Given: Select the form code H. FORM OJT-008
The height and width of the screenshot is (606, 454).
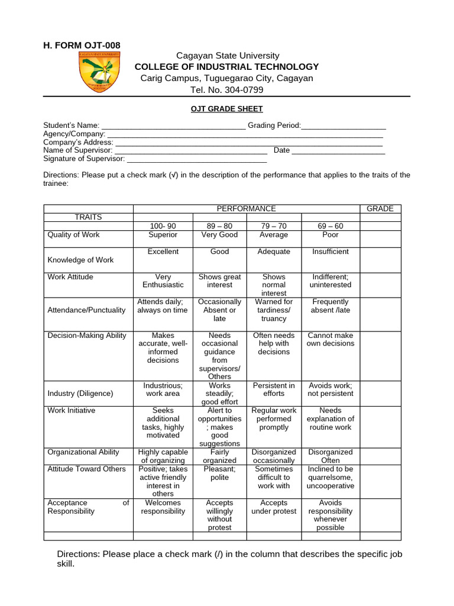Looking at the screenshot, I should point(82,46).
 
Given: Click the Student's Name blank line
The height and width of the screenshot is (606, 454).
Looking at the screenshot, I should point(174,127).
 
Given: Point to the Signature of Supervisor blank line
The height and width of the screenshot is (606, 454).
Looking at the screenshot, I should point(197,160).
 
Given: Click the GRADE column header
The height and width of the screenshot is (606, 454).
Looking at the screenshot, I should point(380,209).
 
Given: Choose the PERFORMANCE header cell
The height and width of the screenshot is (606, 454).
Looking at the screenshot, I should point(246,209).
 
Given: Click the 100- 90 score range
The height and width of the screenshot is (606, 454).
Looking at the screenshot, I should point(163,226).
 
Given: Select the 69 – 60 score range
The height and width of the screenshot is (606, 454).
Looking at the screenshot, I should point(330,226).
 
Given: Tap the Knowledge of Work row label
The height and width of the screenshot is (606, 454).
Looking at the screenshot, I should point(80,260).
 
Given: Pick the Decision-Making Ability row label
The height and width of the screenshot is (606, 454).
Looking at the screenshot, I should point(87,336).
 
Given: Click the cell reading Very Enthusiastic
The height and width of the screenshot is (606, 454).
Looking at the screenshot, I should point(163,281).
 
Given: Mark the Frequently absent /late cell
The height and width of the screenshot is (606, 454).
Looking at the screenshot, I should point(330,306).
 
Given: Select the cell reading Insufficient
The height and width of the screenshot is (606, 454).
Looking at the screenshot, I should point(330,252).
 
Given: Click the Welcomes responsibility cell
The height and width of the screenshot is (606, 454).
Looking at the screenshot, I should point(163,507).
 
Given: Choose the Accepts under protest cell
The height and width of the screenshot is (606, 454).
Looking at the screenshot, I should point(274,507).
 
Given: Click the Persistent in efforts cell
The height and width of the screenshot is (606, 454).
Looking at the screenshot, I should point(274,389).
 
